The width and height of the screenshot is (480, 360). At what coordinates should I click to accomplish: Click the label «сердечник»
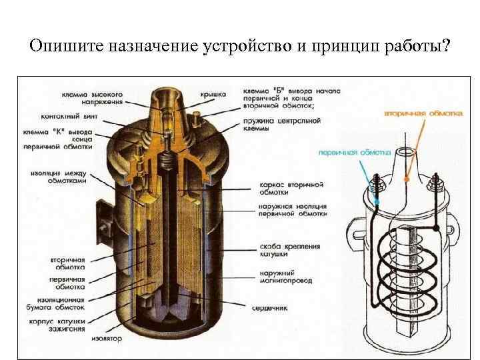[269, 307]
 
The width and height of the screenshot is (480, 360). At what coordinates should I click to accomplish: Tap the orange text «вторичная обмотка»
[423, 114]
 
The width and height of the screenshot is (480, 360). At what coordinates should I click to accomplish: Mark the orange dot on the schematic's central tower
[407, 179]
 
